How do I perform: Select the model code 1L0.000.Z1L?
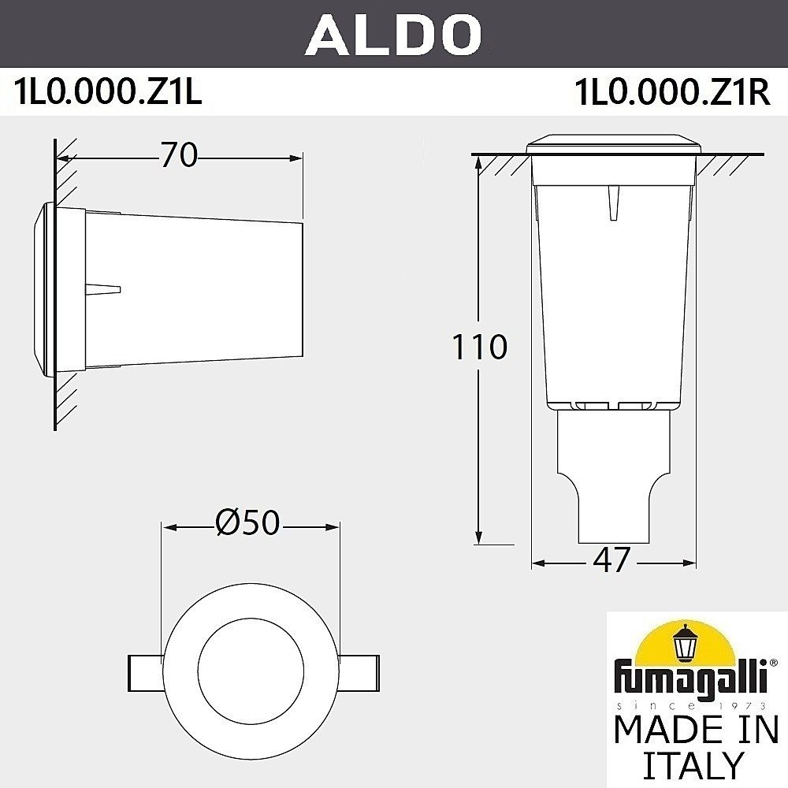coord(108,93)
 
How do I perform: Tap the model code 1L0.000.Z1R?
coord(672,93)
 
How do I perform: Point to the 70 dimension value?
coord(179,156)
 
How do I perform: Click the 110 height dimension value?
coord(478,347)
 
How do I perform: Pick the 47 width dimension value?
coord(612,560)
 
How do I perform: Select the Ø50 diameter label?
coord(247,522)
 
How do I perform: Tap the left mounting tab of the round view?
coord(145,670)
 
